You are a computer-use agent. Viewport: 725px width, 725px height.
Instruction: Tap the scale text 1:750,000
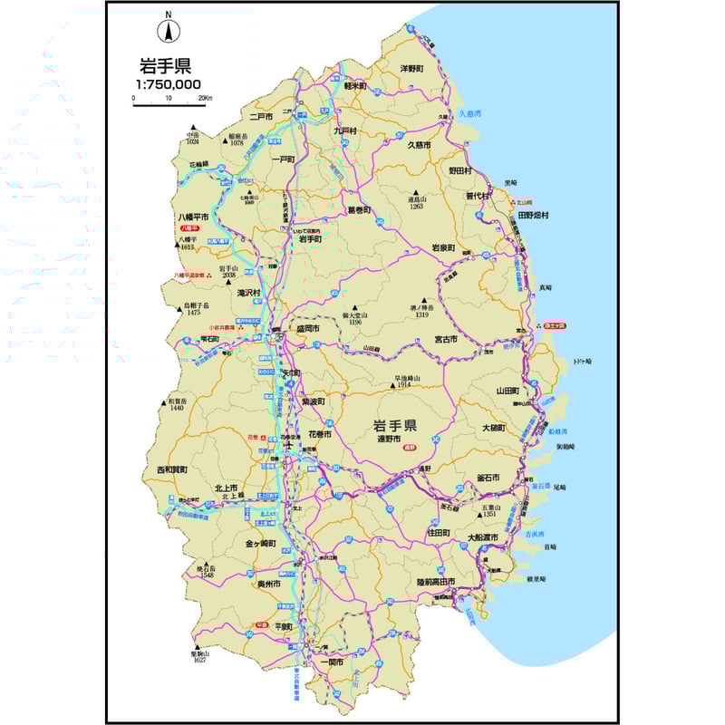click(x=169, y=84)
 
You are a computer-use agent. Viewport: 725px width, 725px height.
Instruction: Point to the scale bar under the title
click(x=169, y=105)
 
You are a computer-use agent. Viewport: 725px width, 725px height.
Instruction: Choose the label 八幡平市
click(x=193, y=217)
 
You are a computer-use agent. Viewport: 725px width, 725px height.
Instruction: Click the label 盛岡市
click(x=307, y=329)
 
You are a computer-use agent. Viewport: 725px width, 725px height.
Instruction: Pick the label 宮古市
click(x=445, y=339)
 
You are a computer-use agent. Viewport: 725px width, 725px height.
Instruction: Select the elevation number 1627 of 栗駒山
click(x=200, y=662)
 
